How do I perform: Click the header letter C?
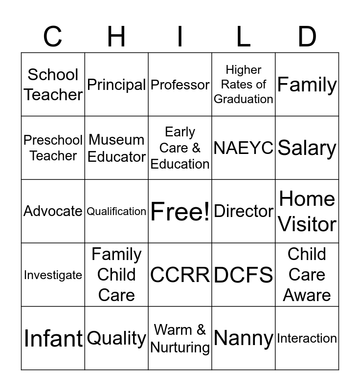point(53,37)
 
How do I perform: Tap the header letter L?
point(244,37)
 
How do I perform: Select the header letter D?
point(307,37)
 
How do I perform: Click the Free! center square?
point(180,212)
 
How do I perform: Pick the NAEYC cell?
point(244,148)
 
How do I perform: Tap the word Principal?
point(116,85)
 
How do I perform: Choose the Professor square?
point(180,85)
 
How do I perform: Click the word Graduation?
point(244,99)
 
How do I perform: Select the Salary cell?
point(307,148)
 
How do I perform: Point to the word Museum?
point(116,140)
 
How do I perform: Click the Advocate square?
point(53,211)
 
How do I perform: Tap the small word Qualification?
point(116,211)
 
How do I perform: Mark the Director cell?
point(244,211)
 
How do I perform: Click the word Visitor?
point(307,224)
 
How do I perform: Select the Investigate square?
point(53,275)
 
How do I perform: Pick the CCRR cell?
point(180,275)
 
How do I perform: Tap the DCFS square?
point(244,275)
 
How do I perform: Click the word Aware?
point(307,295)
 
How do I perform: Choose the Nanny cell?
point(244,338)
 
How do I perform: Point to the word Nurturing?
point(180,348)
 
